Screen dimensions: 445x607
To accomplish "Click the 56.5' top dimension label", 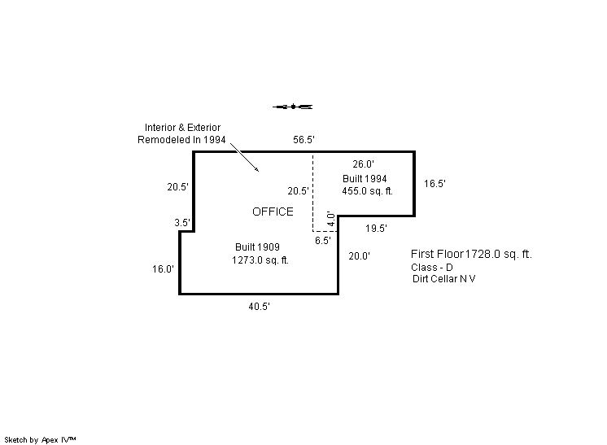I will click(x=303, y=140).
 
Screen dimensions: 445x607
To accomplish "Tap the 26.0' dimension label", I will click(x=363, y=164).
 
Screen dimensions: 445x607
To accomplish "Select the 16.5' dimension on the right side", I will click(x=435, y=184).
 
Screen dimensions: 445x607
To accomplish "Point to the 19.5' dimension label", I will click(x=375, y=229).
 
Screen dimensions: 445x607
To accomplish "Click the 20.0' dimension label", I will click(x=360, y=256).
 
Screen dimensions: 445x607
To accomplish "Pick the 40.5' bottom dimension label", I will click(x=260, y=307).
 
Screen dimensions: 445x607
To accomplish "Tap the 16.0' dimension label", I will click(x=164, y=269).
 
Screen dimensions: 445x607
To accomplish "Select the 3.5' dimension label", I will click(x=182, y=222).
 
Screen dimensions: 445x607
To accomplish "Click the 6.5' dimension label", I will click(x=322, y=241).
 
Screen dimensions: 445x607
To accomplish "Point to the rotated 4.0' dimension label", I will click(x=331, y=220).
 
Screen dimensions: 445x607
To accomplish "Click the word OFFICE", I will click(x=273, y=212).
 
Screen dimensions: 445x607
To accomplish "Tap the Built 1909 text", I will click(x=258, y=247).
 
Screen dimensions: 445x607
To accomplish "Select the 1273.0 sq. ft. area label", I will click(x=260, y=260).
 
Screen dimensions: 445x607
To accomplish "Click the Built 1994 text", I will click(x=365, y=178).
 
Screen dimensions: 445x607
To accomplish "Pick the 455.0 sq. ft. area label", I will click(x=368, y=191).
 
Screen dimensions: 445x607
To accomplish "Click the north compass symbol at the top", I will click(x=294, y=106).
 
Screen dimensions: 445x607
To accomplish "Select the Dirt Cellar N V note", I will click(x=444, y=279).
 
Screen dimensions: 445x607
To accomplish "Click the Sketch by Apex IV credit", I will click(x=41, y=439).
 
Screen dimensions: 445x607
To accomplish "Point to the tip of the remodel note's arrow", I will click(x=259, y=172).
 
